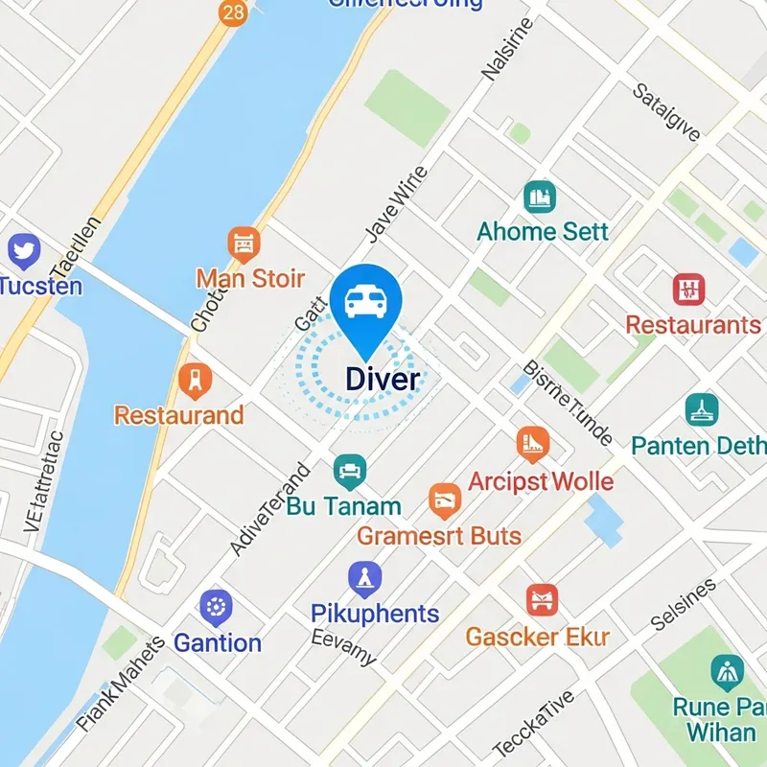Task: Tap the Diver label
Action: pos(382,379)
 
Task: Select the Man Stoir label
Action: pos(250,279)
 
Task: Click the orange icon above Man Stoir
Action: pos(244,244)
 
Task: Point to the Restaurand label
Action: pos(178,415)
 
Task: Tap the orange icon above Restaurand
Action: pos(196,381)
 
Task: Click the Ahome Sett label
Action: pos(543,231)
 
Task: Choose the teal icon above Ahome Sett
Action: pos(540,198)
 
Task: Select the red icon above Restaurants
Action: pos(688,289)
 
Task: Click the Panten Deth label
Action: pos(698,446)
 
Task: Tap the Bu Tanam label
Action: pos(343,507)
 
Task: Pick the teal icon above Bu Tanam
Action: pos(349,471)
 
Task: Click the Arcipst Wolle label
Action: pos(541,480)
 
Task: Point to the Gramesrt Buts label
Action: pos(439,535)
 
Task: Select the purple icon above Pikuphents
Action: pos(365,578)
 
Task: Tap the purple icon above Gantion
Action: pos(216,608)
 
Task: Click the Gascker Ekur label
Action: pos(538,637)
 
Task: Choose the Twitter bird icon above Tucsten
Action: pos(23,251)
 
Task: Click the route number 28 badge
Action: pos(231,12)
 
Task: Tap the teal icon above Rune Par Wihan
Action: pos(728,673)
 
